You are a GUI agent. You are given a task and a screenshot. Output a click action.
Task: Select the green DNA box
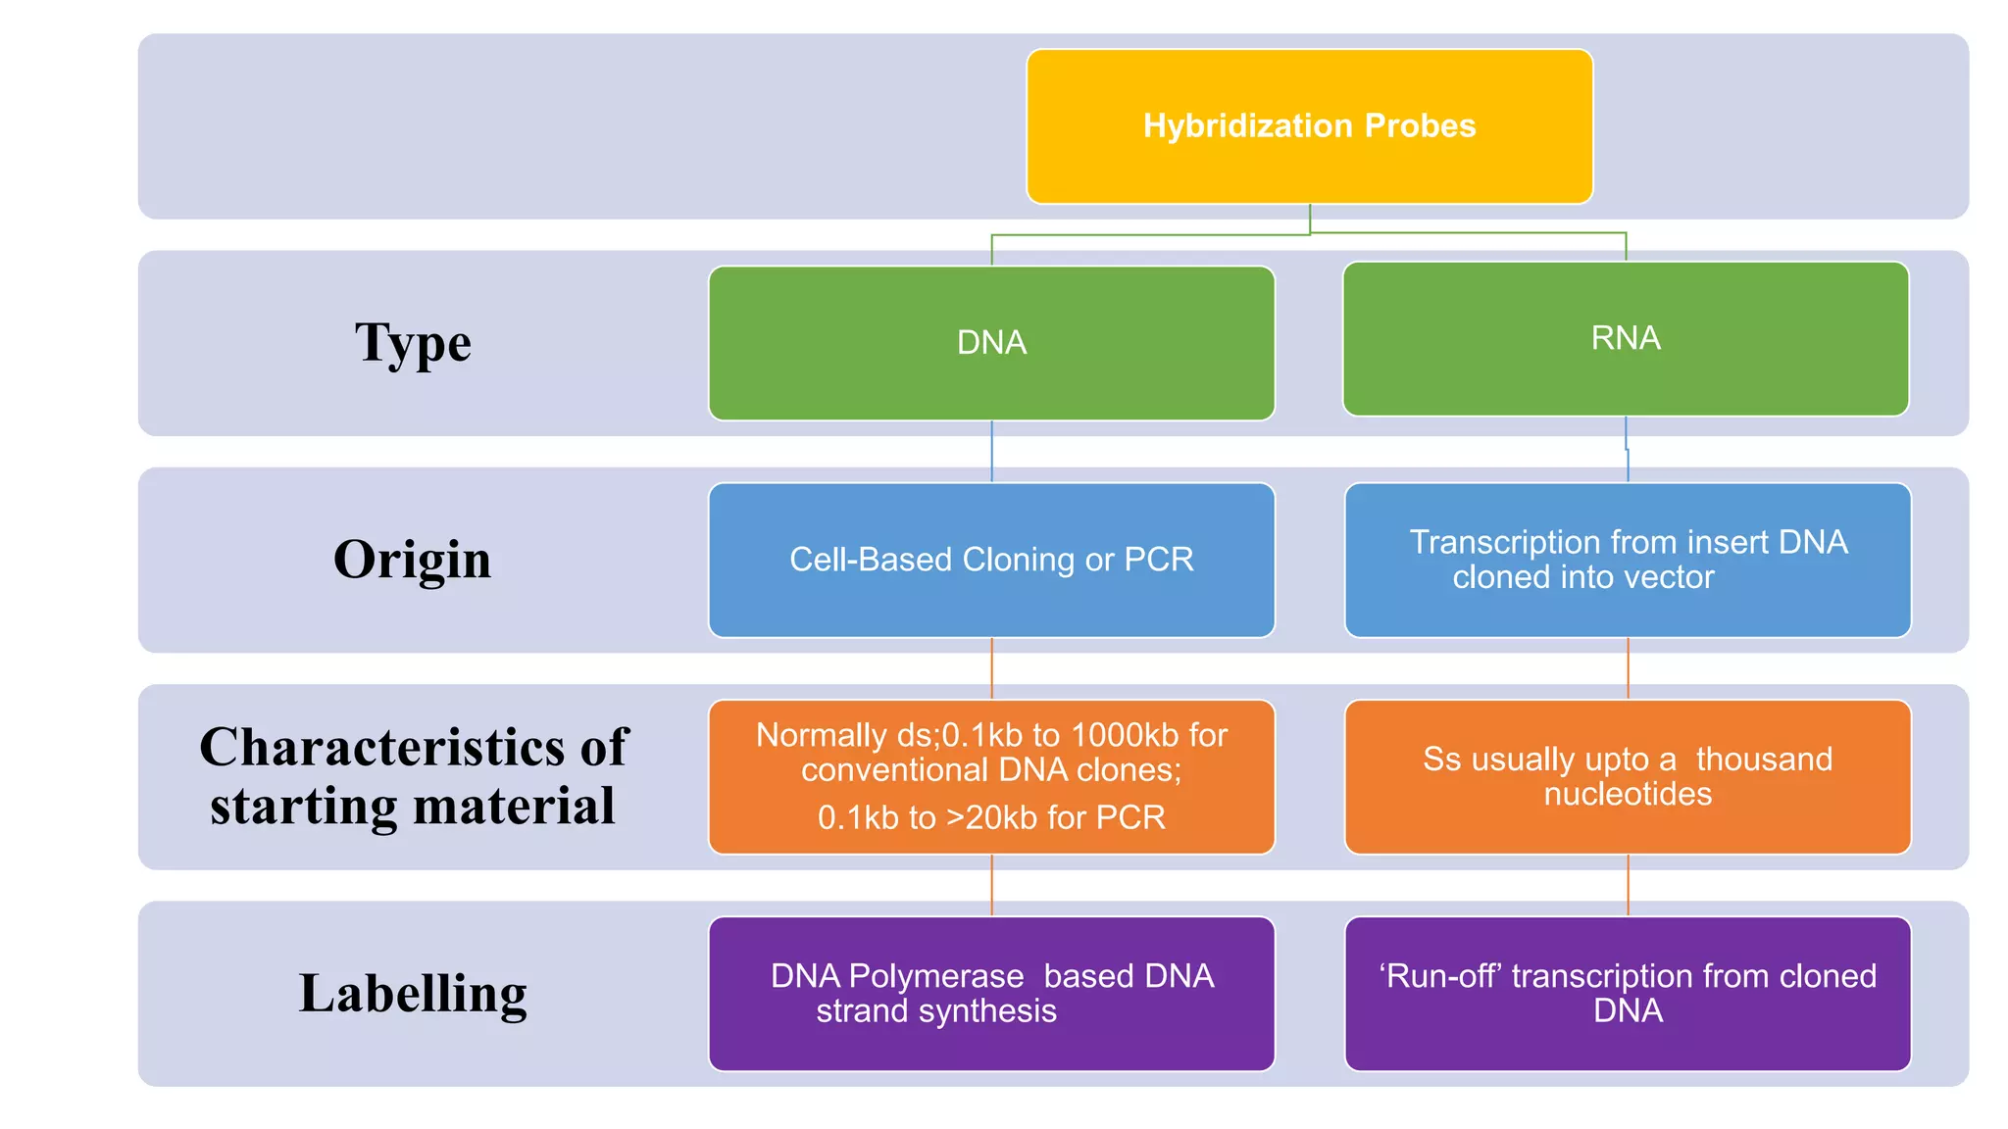(x=991, y=343)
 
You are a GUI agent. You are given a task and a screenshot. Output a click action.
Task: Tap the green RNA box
(x=1625, y=338)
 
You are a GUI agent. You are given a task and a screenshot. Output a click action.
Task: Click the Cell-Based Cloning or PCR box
(x=991, y=560)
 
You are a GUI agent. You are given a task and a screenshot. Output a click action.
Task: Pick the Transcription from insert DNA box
(x=1628, y=560)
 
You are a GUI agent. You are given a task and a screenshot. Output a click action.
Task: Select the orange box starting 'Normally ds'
(x=991, y=776)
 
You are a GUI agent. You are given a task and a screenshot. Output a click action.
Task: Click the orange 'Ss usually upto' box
(x=1628, y=776)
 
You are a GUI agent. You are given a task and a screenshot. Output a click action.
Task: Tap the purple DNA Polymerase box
(x=991, y=993)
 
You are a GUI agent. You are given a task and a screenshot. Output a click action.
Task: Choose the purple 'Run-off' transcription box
(x=1628, y=993)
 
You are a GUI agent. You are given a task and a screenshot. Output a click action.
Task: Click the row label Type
(x=413, y=343)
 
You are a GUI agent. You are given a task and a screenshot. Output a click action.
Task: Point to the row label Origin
(x=412, y=560)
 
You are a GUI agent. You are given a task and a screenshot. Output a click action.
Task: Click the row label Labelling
(x=413, y=993)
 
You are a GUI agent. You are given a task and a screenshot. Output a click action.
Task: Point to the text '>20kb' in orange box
(x=990, y=817)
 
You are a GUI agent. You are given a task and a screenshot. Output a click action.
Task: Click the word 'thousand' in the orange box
(x=1763, y=759)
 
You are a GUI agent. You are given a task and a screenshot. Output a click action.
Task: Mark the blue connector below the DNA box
(x=991, y=452)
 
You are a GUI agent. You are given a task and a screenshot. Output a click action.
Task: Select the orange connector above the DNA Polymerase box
(x=991, y=885)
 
